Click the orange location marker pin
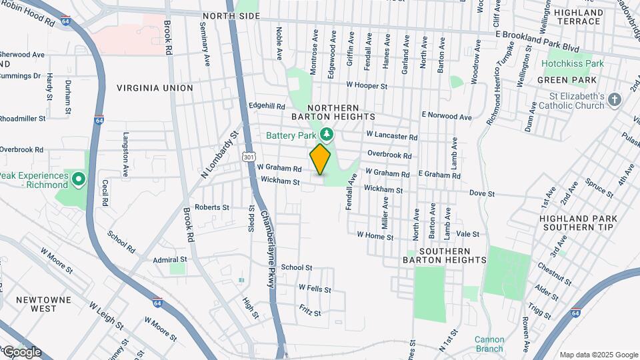click(320, 159)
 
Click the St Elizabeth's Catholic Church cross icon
click(615, 100)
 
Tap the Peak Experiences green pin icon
click(78, 179)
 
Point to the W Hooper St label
click(367, 86)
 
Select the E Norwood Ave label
click(445, 116)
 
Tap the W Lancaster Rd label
click(391, 136)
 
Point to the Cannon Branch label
click(489, 344)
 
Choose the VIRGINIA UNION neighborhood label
click(155, 88)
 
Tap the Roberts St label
click(212, 207)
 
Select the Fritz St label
click(310, 312)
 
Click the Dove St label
click(481, 193)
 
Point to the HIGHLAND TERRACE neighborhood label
click(577, 17)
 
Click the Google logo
click(21, 352)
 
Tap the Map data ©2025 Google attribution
click(599, 355)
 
